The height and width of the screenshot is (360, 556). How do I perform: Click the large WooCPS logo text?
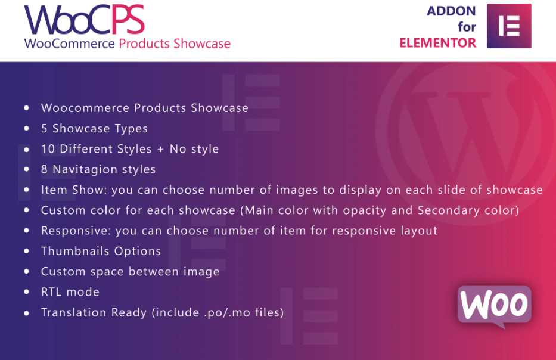pyautogui.click(x=85, y=20)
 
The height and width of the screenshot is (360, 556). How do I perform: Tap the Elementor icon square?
pyautogui.click(x=509, y=26)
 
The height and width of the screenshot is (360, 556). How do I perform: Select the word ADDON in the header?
pyautogui.click(x=451, y=11)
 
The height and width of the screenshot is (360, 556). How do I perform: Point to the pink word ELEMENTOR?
pyautogui.click(x=437, y=43)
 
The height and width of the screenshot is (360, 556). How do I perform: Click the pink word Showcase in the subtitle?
pyautogui.click(x=202, y=44)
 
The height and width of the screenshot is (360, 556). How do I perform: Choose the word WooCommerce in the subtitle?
pyautogui.click(x=70, y=44)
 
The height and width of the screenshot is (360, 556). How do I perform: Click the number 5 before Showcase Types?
pyautogui.click(x=44, y=128)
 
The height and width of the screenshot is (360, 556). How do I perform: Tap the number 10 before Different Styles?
pyautogui.click(x=48, y=149)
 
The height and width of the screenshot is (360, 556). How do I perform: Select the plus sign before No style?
pyautogui.click(x=160, y=150)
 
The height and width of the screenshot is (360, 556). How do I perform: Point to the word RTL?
pyautogui.click(x=51, y=292)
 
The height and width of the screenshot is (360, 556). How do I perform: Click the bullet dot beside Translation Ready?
pyautogui.click(x=27, y=313)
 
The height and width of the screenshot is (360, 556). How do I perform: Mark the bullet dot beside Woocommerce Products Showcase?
pyautogui.click(x=27, y=108)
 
